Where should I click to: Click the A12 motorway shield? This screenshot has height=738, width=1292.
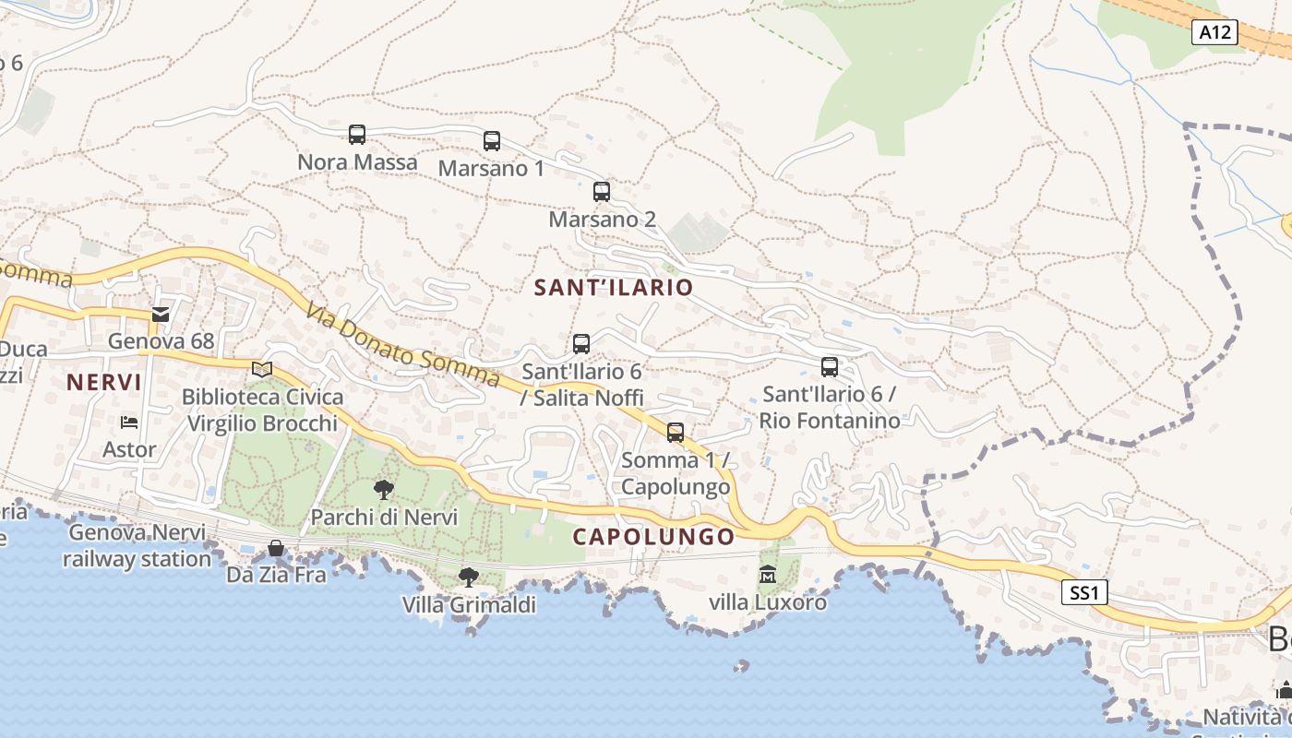coord(1214,32)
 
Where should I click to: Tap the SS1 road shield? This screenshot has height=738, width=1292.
coord(1084,592)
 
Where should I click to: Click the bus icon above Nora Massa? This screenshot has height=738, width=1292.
coord(357,135)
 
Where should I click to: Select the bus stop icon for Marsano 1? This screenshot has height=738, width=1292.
coord(492,141)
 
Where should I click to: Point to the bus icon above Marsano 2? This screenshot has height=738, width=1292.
coord(602,192)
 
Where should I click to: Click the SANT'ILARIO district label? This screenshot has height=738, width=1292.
coord(614,287)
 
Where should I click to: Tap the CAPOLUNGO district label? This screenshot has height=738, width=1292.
coord(654,537)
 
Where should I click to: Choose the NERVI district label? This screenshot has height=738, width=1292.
coord(104,382)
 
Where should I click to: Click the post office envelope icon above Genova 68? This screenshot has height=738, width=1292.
coord(161,315)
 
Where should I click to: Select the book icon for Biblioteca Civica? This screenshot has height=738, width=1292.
coord(262,370)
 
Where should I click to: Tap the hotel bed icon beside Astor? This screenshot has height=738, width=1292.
coord(129,423)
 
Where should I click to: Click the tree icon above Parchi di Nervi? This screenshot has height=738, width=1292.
coord(384,490)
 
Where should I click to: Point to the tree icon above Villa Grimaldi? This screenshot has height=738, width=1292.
coord(469,577)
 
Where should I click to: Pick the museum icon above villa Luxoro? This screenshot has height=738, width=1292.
coord(767,575)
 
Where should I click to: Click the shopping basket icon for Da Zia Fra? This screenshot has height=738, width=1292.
coord(276,549)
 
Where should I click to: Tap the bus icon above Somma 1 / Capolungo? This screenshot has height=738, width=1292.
coord(676,433)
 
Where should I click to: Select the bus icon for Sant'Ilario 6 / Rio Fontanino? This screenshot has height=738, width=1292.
coord(830,367)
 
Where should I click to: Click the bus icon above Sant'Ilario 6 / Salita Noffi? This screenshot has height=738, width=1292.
coord(581,344)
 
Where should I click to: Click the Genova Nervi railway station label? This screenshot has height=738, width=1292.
coord(138,545)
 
